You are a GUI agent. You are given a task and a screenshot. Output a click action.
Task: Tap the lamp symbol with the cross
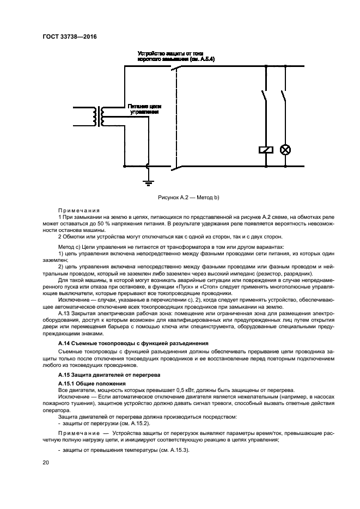click(284, 150)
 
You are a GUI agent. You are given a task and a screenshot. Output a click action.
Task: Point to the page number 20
click(46, 462)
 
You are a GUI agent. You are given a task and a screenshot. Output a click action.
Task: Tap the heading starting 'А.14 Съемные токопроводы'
click(133, 344)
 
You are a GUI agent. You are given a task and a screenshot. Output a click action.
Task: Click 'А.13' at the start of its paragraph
click(65, 314)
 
